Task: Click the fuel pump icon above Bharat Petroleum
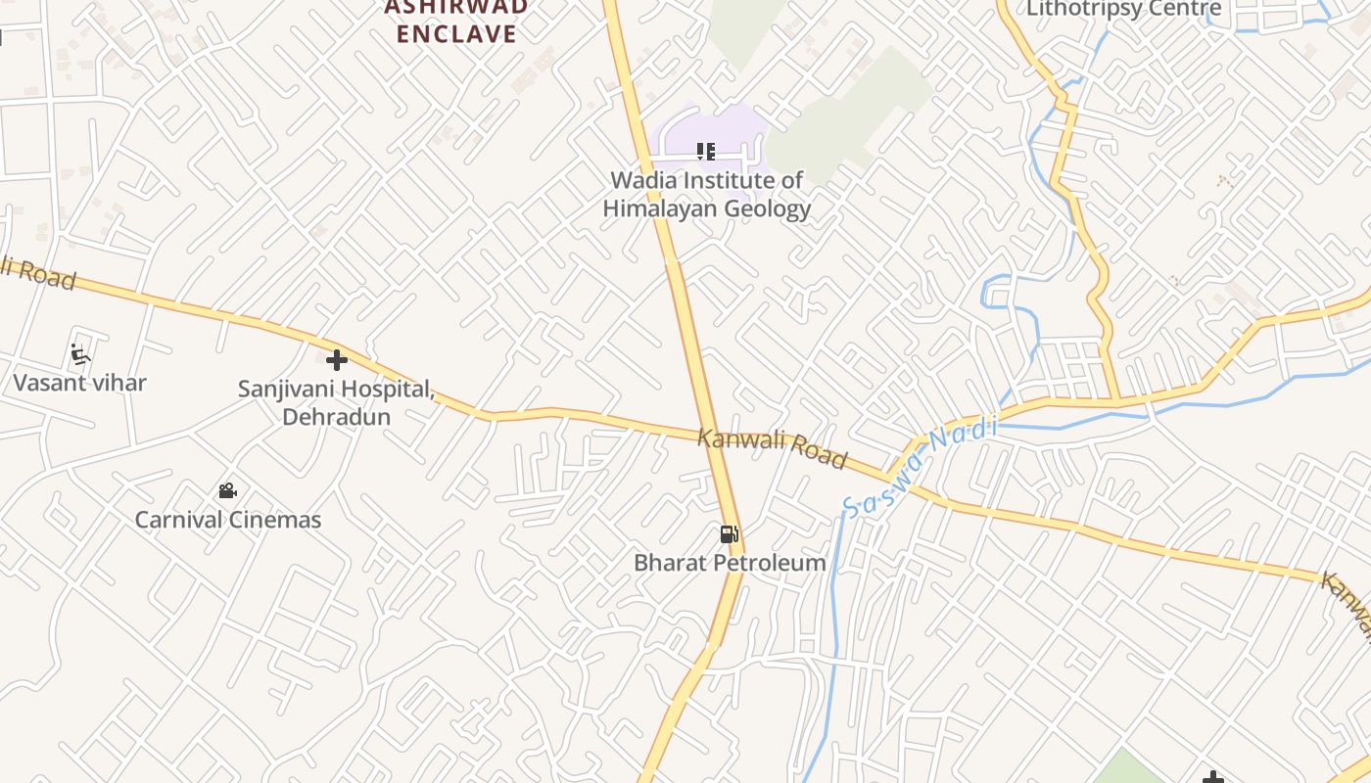coord(729,533)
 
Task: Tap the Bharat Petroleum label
coord(730,563)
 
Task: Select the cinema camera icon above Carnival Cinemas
coord(227,490)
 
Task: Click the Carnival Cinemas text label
coord(227,520)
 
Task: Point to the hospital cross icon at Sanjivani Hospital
coord(337,360)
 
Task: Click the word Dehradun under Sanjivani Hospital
coord(336,416)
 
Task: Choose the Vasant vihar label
coord(79,383)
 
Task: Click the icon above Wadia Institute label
coord(706,152)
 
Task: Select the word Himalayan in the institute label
coord(662,208)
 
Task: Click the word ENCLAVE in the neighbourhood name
coord(456,34)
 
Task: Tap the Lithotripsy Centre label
coord(1123,9)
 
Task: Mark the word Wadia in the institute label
coord(642,180)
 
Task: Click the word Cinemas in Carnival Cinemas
coord(275,520)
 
